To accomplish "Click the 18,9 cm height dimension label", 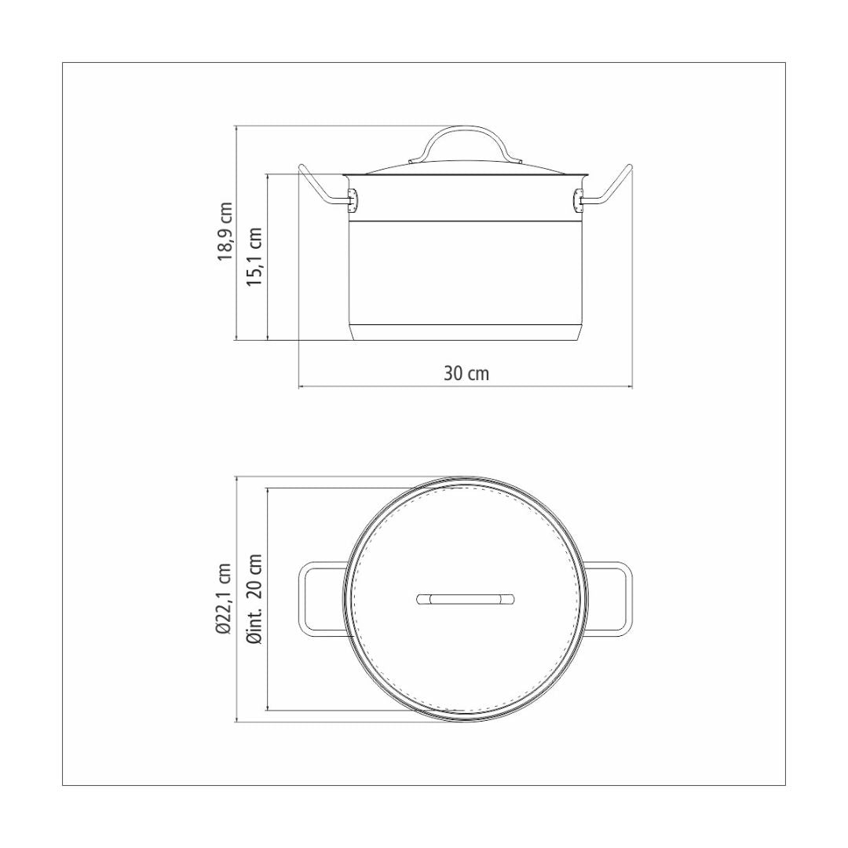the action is coord(225,232).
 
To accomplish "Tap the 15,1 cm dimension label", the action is coord(254,256).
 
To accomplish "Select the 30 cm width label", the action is coord(466,373).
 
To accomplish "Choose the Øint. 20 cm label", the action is coord(254,599).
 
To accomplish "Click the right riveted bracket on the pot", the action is coord(578,201).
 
